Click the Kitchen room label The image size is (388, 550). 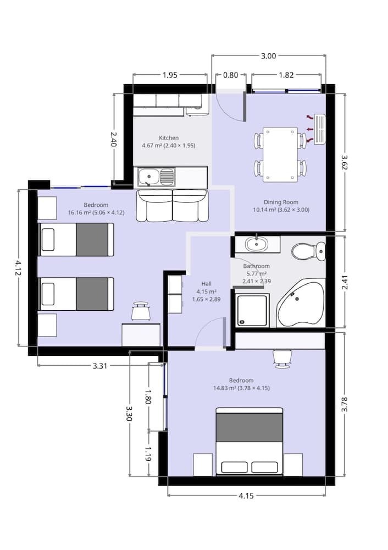point(169,137)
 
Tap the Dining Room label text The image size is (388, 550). point(280,202)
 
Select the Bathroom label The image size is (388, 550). point(256,266)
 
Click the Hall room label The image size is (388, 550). point(206,283)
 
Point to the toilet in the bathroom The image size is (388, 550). point(308,252)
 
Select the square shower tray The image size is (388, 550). point(252,310)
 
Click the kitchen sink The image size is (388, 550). point(156,177)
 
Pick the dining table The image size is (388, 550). point(280,155)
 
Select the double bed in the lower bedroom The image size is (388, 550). point(249,441)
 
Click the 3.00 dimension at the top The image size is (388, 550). point(268,56)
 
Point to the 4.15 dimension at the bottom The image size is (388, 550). point(246,496)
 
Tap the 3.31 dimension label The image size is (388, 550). point(99,366)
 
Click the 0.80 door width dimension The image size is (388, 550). point(230,75)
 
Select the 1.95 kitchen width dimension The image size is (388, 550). point(170,75)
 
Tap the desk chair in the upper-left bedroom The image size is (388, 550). point(141,311)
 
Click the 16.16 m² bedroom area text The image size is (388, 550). point(88,212)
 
